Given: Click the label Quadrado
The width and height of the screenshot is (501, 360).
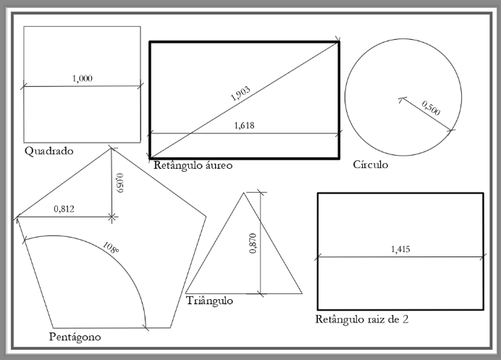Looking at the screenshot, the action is (x=49, y=151).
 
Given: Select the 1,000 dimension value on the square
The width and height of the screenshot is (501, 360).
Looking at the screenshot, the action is (x=83, y=78).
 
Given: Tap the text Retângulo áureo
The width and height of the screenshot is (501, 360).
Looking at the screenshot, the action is (x=193, y=165).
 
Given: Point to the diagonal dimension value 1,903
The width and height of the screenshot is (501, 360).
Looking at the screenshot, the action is (x=240, y=93).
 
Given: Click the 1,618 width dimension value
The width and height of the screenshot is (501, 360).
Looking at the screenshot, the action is (x=245, y=125).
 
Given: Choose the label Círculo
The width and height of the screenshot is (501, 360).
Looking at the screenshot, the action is (x=371, y=164).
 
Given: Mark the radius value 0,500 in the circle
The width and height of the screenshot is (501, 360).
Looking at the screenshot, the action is (x=431, y=108).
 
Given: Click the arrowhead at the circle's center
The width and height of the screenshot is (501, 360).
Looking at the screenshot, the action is (x=401, y=99).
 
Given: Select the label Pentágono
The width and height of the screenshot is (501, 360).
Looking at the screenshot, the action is (x=75, y=337).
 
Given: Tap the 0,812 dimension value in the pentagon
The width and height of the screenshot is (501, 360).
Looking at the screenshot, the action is (x=64, y=209).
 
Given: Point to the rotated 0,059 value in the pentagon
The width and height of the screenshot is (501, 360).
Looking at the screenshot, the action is (x=119, y=183).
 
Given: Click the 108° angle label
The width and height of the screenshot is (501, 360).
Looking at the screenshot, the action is (x=111, y=248).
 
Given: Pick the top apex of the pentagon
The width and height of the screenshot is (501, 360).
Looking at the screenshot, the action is (x=111, y=148).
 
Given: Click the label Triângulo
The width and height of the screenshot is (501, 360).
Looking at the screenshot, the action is (x=210, y=301).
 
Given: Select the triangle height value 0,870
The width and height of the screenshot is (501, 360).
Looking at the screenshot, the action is (x=253, y=243).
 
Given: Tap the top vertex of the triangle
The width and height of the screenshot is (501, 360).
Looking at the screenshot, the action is (x=244, y=193).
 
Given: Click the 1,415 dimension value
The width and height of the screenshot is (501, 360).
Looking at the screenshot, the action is (x=400, y=248).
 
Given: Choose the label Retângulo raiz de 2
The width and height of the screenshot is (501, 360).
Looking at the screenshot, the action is (x=362, y=319).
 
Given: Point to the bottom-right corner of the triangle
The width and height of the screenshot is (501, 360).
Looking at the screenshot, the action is (x=302, y=293).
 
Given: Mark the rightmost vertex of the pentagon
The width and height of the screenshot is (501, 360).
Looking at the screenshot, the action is (x=206, y=217).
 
